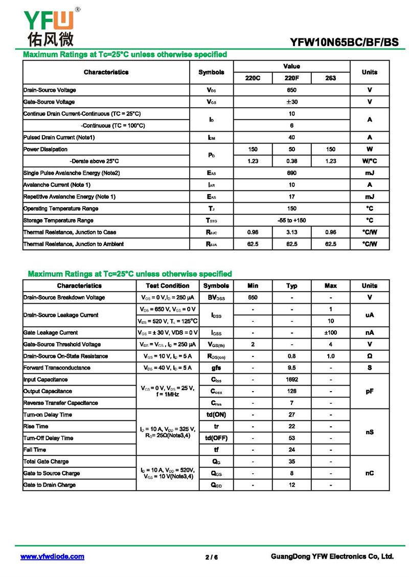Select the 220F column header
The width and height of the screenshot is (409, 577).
(291, 78)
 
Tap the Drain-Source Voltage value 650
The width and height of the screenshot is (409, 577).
(291, 90)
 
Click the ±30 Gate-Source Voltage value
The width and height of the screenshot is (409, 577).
(291, 102)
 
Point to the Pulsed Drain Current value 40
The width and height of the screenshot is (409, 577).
(291, 137)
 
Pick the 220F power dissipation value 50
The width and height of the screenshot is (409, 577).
(291, 149)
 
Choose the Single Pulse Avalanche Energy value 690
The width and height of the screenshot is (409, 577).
(291, 173)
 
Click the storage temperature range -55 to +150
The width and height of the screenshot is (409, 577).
(291, 221)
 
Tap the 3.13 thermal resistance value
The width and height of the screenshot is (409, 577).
(291, 232)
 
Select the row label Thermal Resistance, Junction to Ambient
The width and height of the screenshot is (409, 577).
(74, 244)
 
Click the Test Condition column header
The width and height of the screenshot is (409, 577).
(167, 286)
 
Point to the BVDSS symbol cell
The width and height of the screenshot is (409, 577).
(216, 298)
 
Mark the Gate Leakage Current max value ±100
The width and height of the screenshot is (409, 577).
(331, 333)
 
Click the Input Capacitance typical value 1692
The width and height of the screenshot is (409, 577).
(292, 380)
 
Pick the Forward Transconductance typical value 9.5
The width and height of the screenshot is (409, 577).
(292, 368)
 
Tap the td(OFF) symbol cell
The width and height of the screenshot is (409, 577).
(216, 438)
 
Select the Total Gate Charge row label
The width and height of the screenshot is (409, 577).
(46, 462)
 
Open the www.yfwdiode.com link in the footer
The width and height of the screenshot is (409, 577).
(52, 557)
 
